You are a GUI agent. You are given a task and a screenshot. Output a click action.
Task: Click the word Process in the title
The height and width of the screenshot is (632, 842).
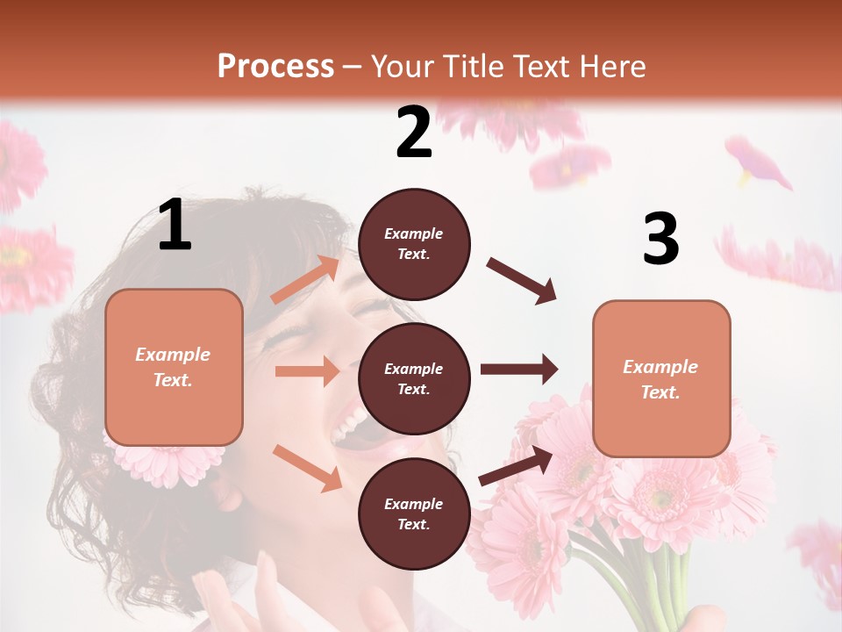tap(275, 66)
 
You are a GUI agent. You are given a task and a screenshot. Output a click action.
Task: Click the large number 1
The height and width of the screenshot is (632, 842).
tap(175, 226)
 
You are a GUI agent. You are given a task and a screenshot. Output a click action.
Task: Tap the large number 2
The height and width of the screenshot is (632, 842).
tap(414, 133)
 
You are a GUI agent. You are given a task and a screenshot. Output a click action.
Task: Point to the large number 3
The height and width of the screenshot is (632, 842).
tap(660, 240)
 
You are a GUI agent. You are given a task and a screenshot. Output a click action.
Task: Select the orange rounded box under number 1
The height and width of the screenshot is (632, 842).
tap(174, 367)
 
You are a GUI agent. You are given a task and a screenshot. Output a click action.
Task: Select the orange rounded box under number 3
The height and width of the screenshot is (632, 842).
tap(661, 378)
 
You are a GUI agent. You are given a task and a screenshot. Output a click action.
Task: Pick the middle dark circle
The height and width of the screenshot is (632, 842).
tap(414, 378)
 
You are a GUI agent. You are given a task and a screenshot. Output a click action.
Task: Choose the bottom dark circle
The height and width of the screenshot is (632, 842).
tap(414, 513)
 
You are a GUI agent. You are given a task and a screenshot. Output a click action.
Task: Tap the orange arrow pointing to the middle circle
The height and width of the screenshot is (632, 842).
tap(307, 371)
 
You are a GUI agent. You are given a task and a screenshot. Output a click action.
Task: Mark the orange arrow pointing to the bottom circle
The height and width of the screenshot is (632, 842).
tap(307, 467)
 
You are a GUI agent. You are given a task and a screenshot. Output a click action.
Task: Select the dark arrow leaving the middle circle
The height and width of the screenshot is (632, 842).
tap(518, 369)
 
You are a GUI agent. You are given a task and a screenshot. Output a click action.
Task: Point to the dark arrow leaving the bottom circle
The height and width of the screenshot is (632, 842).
tap(516, 465)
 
